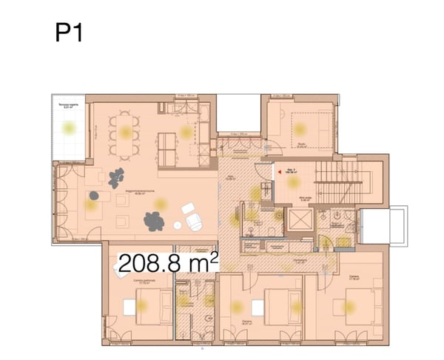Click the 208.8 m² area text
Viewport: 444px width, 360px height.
tap(168, 262)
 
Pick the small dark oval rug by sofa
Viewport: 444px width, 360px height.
tap(94, 195)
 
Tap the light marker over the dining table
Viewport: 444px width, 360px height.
tap(125, 134)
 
